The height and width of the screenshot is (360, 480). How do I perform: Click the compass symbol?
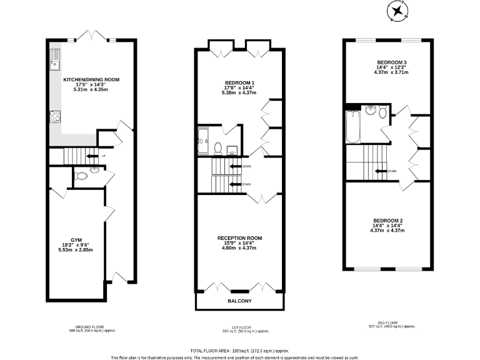[397, 11]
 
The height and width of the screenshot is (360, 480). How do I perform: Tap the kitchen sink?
[54, 58]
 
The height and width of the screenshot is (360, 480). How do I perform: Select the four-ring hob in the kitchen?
[54, 116]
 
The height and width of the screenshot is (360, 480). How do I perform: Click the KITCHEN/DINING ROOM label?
[91, 80]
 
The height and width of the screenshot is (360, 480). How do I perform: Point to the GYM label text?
[76, 239]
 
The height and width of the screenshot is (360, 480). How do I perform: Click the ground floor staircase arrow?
[91, 156]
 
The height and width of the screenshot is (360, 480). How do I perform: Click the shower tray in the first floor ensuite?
[205, 140]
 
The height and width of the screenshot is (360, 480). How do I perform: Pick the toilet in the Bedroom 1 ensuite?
[217, 148]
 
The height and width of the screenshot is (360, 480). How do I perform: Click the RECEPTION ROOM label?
[239, 238]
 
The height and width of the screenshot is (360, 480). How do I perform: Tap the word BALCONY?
[239, 301]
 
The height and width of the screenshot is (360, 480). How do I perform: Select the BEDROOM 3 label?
[392, 62]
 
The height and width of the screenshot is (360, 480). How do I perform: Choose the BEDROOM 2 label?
[388, 221]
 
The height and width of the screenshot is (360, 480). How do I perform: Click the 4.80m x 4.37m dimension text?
[239, 248]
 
